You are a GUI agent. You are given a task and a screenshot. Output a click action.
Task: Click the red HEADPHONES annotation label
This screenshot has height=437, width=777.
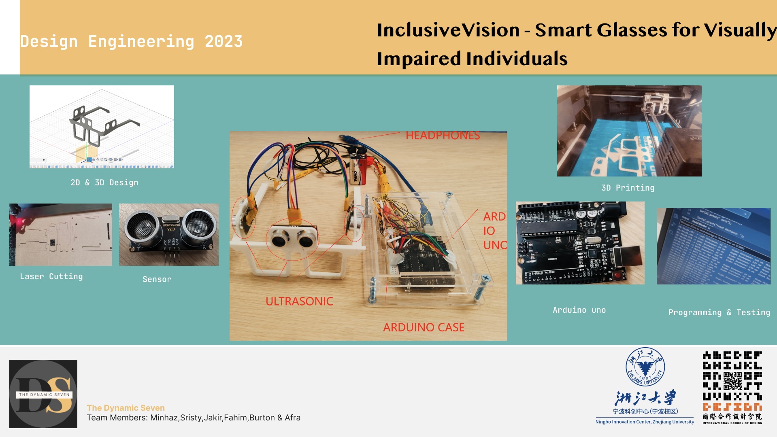(x=443, y=136)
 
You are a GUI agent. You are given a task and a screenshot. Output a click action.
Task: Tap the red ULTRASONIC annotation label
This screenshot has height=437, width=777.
(x=299, y=301)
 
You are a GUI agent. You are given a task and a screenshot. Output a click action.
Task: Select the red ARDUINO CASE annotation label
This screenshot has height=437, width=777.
(x=424, y=327)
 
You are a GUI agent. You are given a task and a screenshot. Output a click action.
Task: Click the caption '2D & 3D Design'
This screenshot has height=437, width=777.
(x=104, y=182)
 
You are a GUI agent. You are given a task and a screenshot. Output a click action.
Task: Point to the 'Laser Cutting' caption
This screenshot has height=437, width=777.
(x=51, y=276)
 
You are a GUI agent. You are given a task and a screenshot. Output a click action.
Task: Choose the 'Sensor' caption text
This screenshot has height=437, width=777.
(x=157, y=279)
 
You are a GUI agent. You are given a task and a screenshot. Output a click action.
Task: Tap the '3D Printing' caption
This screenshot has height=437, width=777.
(x=628, y=188)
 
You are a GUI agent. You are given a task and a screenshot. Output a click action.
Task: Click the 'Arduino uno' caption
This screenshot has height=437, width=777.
(x=579, y=310)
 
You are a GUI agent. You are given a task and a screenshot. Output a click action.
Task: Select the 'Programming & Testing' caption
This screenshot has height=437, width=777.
(x=719, y=312)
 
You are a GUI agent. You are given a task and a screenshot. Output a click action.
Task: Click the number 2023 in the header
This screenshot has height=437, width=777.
(x=224, y=42)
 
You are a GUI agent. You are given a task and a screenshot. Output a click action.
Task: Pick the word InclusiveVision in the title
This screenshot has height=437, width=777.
(x=448, y=30)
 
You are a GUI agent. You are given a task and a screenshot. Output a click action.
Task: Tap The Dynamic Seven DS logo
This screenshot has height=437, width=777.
(x=43, y=394)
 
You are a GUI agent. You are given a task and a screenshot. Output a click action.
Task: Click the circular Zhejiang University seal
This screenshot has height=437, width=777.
(x=645, y=367)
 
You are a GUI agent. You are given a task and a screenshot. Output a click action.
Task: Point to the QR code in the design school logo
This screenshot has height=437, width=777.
(x=732, y=381)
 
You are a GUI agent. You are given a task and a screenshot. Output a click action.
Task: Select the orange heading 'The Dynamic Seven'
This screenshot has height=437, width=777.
(x=126, y=408)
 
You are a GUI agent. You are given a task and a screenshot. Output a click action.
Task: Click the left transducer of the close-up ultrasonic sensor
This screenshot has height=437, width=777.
(x=142, y=227)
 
